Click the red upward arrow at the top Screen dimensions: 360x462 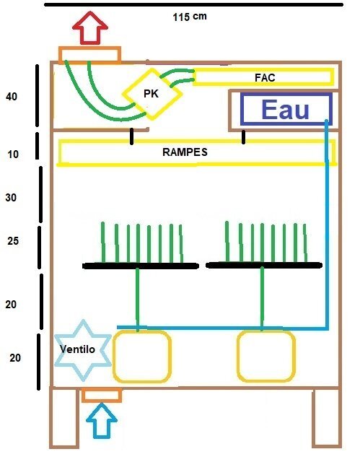pyautogui.click(x=90, y=28)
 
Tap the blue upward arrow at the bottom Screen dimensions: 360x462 pyautogui.click(x=102, y=420)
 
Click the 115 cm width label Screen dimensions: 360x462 pyautogui.click(x=190, y=17)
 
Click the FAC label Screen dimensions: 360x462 pyautogui.click(x=265, y=77)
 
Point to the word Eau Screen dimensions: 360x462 pyautogui.click(x=285, y=110)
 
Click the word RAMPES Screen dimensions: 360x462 pyautogui.click(x=185, y=152)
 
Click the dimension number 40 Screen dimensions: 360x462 pyautogui.click(x=12, y=96)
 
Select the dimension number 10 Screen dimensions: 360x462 pyautogui.click(x=13, y=154)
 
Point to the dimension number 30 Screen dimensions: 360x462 pyautogui.click(x=11, y=197)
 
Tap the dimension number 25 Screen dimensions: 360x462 pyautogui.click(x=13, y=240)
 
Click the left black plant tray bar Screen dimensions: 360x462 pyautogui.click(x=141, y=266)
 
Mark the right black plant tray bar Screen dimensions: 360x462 pyautogui.click(x=264, y=266)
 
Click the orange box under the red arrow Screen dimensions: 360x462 pyautogui.click(x=89, y=48)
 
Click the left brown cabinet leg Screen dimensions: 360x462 pyautogui.click(x=51, y=419)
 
